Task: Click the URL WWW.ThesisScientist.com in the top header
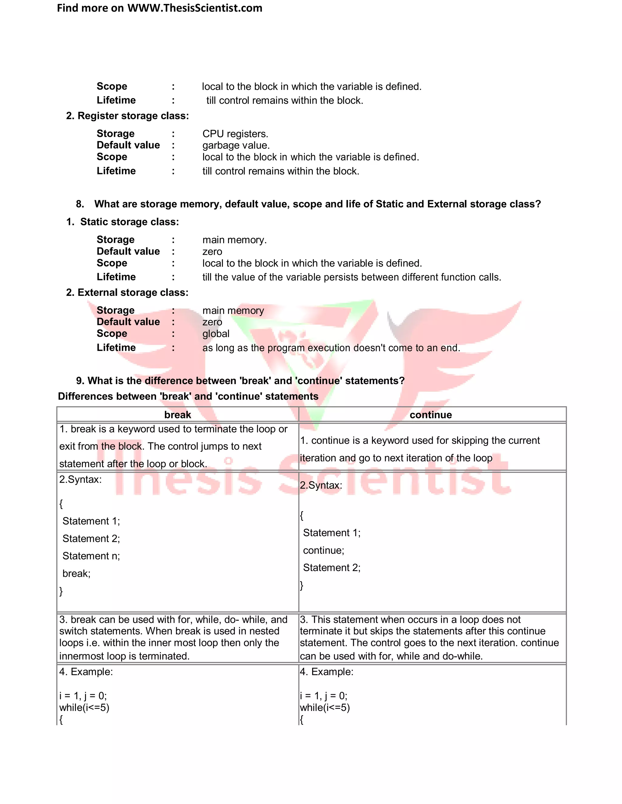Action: [195, 8]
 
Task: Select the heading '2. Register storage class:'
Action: [128, 116]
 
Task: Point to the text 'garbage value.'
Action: [236, 145]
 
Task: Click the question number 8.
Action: [80, 204]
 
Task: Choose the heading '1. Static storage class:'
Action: [123, 222]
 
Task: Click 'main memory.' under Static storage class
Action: [234, 240]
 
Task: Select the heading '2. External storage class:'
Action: [127, 293]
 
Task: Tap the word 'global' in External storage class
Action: [216, 334]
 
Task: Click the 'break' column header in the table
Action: [178, 415]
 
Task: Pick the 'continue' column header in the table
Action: [431, 415]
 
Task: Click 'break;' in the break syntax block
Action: [76, 573]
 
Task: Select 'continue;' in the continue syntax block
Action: [323, 550]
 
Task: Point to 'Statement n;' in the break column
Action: [91, 556]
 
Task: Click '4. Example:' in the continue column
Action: [326, 672]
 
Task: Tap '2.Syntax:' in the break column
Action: [80, 479]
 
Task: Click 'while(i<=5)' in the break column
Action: [84, 708]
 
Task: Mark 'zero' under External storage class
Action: [212, 322]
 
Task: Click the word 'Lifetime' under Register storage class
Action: [116, 171]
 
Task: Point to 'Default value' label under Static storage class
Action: [128, 252]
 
